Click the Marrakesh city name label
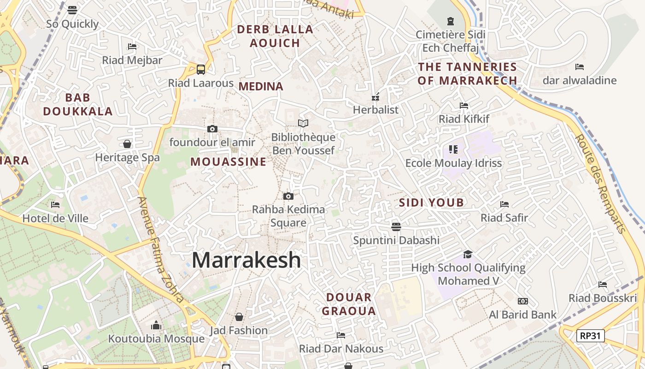(x=246, y=260)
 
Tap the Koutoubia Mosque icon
(x=156, y=326)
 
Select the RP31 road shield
(x=590, y=336)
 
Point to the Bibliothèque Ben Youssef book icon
(x=303, y=123)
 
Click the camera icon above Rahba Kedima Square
(x=288, y=196)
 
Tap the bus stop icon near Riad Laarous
(x=201, y=70)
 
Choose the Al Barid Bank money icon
(x=522, y=301)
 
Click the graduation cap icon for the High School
(x=468, y=254)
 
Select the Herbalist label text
(x=375, y=110)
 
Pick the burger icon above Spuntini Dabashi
(x=396, y=226)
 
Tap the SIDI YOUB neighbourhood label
(x=431, y=202)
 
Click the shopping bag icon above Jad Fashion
(x=239, y=317)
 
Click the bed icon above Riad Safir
(x=504, y=204)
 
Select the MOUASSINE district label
(x=229, y=162)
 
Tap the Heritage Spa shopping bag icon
(x=127, y=144)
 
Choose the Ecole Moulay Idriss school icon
(x=453, y=149)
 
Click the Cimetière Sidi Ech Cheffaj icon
(x=451, y=21)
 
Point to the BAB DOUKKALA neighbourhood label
(x=77, y=104)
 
